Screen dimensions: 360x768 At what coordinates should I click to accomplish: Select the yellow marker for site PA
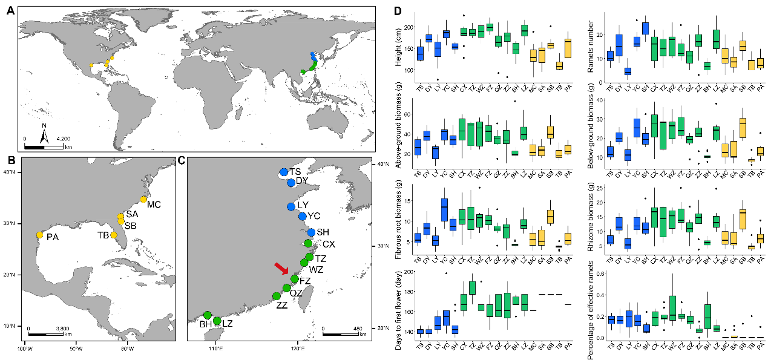click(x=39, y=235)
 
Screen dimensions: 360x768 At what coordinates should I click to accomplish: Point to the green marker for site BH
click(x=208, y=315)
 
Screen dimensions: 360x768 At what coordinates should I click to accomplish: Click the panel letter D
click(x=397, y=12)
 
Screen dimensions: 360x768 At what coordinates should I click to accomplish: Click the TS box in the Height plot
click(x=420, y=53)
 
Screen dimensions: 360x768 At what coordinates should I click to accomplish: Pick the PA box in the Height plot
click(x=568, y=48)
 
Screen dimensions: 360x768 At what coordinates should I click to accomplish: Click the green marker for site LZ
click(x=217, y=321)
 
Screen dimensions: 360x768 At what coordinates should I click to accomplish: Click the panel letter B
click(x=10, y=161)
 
